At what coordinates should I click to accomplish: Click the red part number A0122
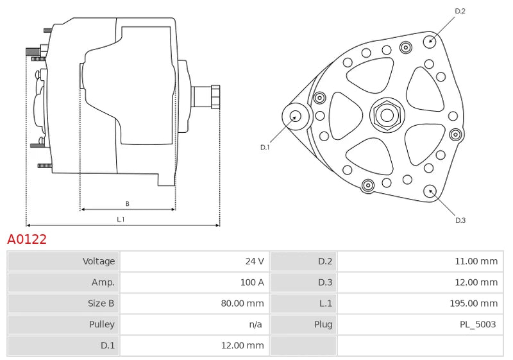coord(27,239)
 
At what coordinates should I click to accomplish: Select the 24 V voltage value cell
coord(255,261)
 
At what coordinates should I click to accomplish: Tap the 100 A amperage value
coord(252,282)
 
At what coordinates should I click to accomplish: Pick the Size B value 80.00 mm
coord(242,304)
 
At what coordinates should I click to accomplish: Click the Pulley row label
coord(102,324)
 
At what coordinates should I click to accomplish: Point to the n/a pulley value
coord(255,324)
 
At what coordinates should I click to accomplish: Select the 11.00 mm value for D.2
coord(476,261)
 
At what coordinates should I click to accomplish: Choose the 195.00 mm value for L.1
coord(473,304)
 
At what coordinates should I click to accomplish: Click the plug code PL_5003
coord(478,324)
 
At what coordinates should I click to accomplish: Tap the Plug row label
coord(323,324)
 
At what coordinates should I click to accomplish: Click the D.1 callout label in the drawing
coord(265,148)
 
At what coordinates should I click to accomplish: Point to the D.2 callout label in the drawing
coord(460,11)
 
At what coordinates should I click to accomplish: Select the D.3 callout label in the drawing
coord(460,220)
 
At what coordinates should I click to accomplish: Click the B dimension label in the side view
coord(127,203)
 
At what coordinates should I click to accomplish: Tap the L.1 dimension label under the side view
coord(121,219)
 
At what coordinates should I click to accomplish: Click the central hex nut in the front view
coord(387,116)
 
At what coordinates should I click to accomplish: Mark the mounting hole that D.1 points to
coord(296,117)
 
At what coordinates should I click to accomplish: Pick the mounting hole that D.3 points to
coord(430,191)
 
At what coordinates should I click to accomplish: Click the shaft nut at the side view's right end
coord(215,97)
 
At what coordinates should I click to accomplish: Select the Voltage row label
coord(99,261)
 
